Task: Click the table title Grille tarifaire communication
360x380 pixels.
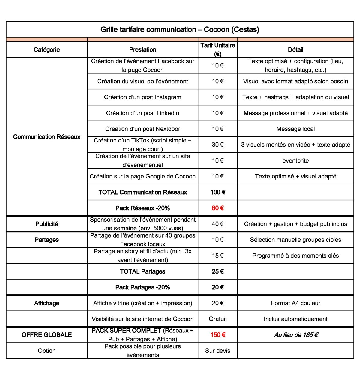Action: (x=180, y=30)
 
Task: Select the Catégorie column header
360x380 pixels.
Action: (x=47, y=50)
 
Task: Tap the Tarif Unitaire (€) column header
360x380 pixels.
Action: (x=218, y=49)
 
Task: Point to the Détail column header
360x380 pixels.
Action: (x=295, y=50)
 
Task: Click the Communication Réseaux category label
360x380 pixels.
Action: (x=47, y=137)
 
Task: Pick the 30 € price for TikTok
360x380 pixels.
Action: (x=218, y=145)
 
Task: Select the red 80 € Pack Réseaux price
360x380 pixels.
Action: (x=218, y=208)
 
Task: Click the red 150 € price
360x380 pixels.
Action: (x=218, y=335)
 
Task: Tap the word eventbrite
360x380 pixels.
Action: (x=295, y=160)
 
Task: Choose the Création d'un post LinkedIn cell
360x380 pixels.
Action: (x=143, y=113)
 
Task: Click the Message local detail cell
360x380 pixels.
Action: (x=295, y=129)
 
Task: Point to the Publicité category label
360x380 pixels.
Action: (x=47, y=224)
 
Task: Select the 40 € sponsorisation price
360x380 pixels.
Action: (x=218, y=224)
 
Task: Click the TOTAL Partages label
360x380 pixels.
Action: (x=143, y=271)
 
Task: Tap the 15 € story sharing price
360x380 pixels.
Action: (x=218, y=256)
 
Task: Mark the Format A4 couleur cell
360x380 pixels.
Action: (x=295, y=303)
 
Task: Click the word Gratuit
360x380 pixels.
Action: (x=218, y=319)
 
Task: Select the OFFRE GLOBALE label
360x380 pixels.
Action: (x=47, y=335)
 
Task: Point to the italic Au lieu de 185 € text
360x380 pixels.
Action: (x=296, y=335)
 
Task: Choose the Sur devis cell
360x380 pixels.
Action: (x=218, y=351)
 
